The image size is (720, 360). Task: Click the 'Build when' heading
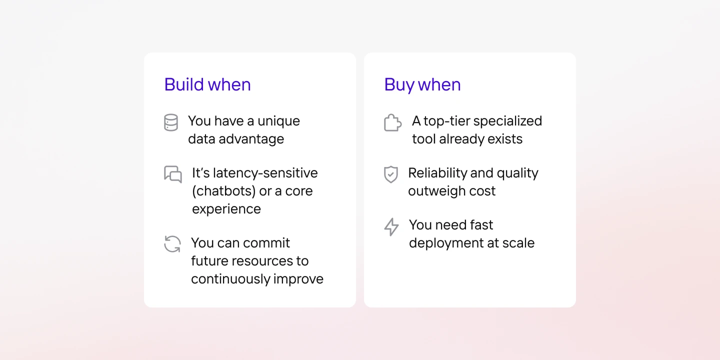(207, 84)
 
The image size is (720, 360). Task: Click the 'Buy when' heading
(422, 85)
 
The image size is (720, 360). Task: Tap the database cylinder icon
(171, 122)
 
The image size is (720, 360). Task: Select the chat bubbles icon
(173, 174)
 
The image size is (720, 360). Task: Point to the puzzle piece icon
(393, 122)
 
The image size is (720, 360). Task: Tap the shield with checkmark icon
(391, 174)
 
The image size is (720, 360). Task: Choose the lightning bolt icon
(391, 227)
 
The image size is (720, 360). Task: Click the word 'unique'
(278, 121)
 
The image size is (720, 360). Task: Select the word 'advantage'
(251, 139)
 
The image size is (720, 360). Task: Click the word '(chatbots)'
(224, 191)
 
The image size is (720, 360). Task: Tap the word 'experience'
(226, 209)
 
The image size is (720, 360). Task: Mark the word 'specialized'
(507, 121)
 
